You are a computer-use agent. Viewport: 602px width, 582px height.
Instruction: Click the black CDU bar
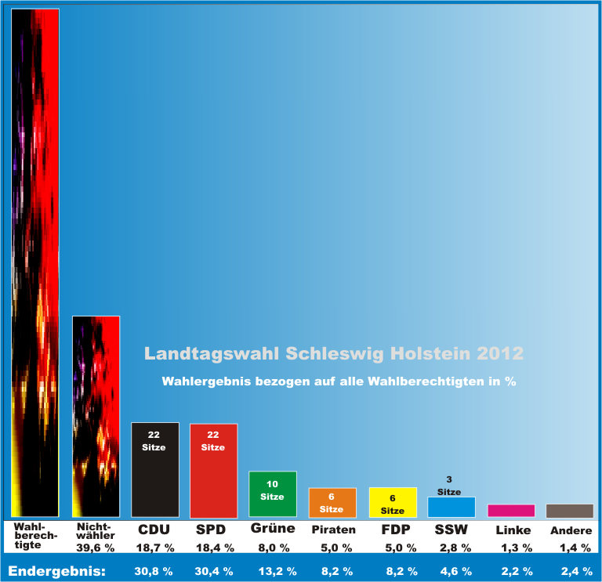point(154,470)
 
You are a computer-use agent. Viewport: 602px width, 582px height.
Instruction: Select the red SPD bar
point(213,470)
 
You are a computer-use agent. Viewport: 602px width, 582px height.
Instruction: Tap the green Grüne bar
point(272,493)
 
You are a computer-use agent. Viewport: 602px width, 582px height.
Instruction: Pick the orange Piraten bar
point(332,502)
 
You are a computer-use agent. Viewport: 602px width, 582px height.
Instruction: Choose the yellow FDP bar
point(393,502)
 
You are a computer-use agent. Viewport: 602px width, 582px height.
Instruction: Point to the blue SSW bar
point(451,507)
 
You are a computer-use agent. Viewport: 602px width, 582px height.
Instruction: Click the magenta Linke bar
point(511,510)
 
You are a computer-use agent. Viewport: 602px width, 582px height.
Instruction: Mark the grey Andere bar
point(569,510)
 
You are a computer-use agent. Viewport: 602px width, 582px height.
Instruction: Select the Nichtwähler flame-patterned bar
point(96,415)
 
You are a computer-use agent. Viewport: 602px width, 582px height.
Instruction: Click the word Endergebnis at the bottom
point(56,571)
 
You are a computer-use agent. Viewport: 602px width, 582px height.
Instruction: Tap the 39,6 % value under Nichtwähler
point(96,548)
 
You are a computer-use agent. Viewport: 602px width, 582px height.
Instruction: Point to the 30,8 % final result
point(154,571)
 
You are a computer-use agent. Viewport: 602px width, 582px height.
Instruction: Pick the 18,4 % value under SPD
point(213,548)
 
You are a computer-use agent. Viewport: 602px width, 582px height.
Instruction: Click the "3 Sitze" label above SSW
point(448,486)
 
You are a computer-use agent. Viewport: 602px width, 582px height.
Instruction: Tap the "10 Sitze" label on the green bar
point(272,490)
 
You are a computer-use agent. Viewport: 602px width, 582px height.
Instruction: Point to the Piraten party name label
point(334,530)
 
